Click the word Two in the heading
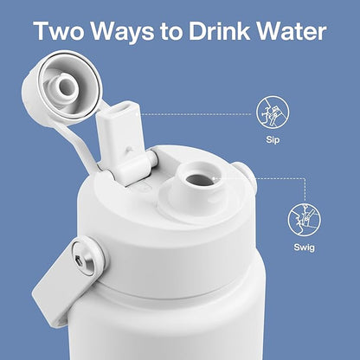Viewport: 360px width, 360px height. coord(59,31)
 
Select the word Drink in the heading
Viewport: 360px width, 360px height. coord(220,30)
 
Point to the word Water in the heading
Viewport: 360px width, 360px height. coord(292,31)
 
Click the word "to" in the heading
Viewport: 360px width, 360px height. coord(171,32)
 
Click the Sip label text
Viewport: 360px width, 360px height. coord(273,140)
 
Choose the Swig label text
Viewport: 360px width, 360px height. coord(304,247)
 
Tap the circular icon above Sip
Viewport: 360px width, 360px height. coord(273,112)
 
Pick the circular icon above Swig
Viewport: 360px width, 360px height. coord(304,220)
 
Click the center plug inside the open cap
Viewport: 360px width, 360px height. coord(66,86)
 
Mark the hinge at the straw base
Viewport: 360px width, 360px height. coord(136,169)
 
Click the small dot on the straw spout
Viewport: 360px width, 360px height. coord(130,149)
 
